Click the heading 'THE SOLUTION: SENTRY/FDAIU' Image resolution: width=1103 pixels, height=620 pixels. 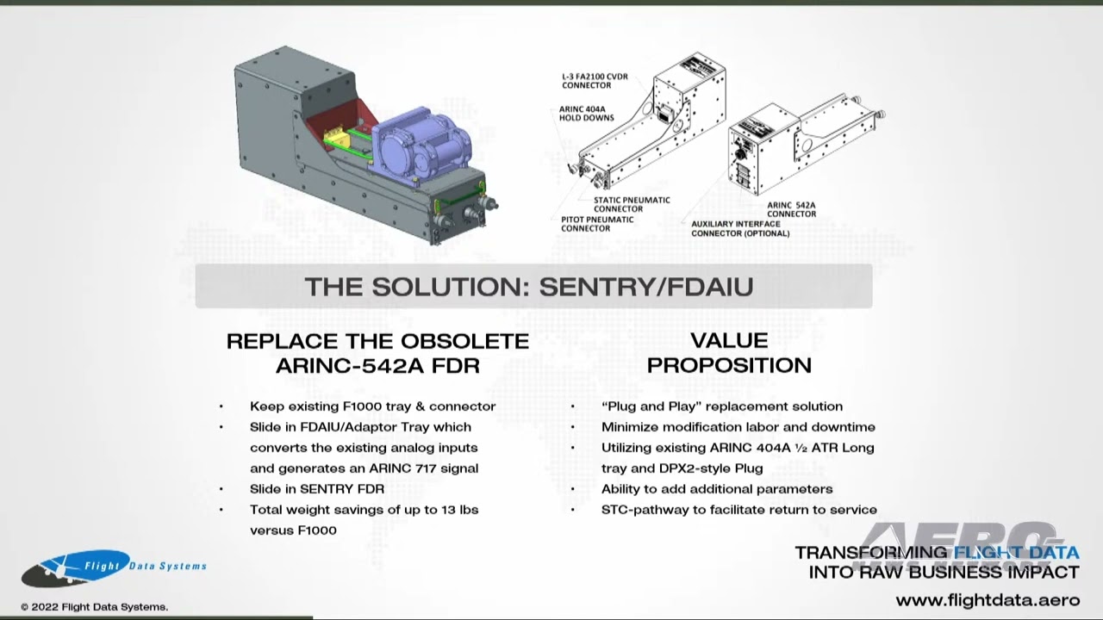pyautogui.click(x=529, y=287)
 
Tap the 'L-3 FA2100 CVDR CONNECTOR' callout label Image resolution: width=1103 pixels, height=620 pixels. pyautogui.click(x=595, y=81)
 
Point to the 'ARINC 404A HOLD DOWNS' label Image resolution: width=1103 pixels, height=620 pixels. pyautogui.click(x=587, y=114)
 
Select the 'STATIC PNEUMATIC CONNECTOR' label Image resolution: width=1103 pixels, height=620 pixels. pyautogui.click(x=632, y=204)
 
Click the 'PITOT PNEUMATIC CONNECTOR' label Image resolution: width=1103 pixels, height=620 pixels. pyautogui.click(x=597, y=224)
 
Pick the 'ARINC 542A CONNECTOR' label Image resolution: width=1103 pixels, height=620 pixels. pyautogui.click(x=791, y=209)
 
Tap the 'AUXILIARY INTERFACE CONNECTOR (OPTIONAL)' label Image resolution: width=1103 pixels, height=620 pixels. pyautogui.click(x=740, y=228)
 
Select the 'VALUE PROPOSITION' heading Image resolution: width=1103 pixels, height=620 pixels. pyautogui.click(x=729, y=353)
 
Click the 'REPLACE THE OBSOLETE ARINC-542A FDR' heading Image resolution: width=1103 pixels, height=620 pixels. pyautogui.click(x=377, y=353)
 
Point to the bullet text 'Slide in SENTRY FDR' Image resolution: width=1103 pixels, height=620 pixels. pyautogui.click(x=317, y=489)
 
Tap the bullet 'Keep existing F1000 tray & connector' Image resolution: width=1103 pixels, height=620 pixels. pyautogui.click(x=372, y=406)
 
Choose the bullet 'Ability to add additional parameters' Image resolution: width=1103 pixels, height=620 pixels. pyautogui.click(x=717, y=489)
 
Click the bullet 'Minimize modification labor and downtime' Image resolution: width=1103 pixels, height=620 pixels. pyautogui.click(x=738, y=427)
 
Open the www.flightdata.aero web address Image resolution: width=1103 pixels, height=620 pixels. pyautogui.click(x=987, y=600)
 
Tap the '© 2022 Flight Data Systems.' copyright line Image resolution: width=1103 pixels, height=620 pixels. pyautogui.click(x=95, y=607)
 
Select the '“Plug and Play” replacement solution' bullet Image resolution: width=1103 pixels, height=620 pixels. pyautogui.click(x=722, y=406)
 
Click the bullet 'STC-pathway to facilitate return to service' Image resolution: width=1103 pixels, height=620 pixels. pyautogui.click(x=739, y=510)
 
